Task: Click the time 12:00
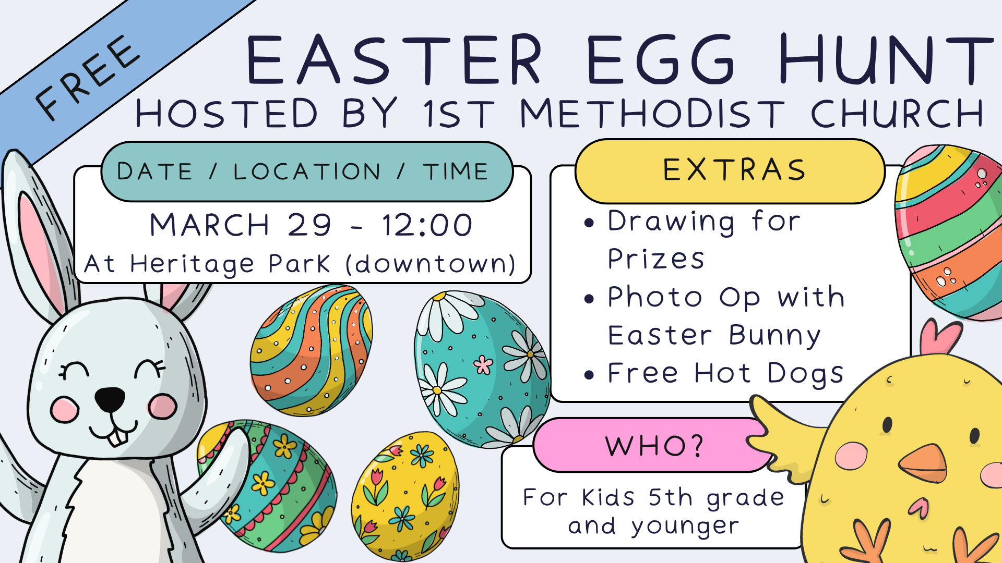pos(427,225)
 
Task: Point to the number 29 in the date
pos(309,225)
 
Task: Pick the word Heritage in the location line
pos(192,264)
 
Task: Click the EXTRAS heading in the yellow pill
pos(735,170)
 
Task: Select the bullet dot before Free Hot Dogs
pos(589,375)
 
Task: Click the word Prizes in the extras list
pos(656,259)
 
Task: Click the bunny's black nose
pos(110,399)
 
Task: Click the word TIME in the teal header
pos(455,172)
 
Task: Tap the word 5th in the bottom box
pos(670,497)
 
